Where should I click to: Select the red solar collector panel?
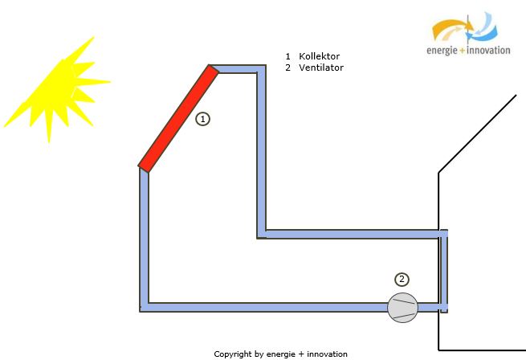pyautogui.click(x=178, y=119)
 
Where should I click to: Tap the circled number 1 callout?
pyautogui.click(x=202, y=119)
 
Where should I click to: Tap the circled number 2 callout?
pyautogui.click(x=402, y=280)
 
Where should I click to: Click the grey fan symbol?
pyautogui.click(x=402, y=308)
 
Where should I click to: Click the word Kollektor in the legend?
pyautogui.click(x=319, y=56)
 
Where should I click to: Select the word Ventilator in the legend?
pyautogui.click(x=321, y=67)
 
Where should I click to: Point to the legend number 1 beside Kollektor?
pyautogui.click(x=287, y=56)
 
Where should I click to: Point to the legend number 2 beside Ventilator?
pyautogui.click(x=287, y=67)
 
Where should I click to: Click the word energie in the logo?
pyautogui.click(x=442, y=51)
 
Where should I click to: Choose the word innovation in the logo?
pyautogui.click(x=488, y=51)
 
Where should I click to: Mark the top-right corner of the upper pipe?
pyautogui.click(x=265, y=65)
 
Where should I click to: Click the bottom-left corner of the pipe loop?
pyautogui.click(x=141, y=311)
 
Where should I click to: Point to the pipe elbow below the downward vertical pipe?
pyautogui.click(x=262, y=234)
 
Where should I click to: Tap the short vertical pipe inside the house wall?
pyautogui.click(x=444, y=271)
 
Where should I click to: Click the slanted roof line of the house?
pyautogui.click(x=477, y=134)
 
